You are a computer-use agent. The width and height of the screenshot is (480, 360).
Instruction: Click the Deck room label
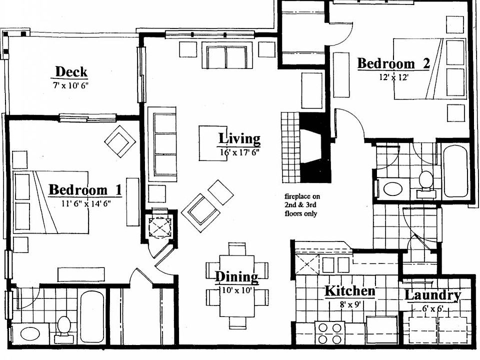[71, 71]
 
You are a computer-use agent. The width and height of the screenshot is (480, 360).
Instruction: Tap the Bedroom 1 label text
[85, 190]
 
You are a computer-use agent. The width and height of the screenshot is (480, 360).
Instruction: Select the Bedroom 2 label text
[393, 64]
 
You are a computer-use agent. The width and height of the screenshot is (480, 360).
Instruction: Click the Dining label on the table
[236, 276]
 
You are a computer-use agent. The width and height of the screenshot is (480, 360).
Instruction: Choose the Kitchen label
[349, 291]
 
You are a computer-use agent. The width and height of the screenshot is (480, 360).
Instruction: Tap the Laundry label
[432, 295]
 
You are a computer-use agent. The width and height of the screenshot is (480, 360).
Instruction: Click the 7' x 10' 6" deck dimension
[70, 85]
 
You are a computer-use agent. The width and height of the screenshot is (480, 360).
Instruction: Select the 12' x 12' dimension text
[394, 77]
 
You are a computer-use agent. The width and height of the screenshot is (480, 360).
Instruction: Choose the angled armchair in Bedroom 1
[120, 141]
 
